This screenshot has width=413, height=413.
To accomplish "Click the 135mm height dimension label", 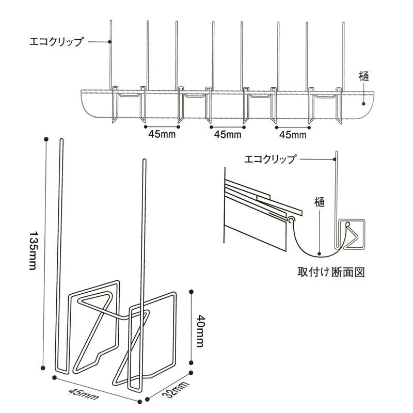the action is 32,251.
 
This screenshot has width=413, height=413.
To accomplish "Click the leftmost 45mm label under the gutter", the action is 162,134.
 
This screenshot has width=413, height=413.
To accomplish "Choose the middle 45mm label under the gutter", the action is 228,135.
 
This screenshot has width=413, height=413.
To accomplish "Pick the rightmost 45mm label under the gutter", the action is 293,135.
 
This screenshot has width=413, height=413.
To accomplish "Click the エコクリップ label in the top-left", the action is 56,42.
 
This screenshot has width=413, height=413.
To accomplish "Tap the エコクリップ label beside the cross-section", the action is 270,159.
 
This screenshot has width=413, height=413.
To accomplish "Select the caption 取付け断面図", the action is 331,272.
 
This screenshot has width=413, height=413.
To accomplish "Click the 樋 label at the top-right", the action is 364,76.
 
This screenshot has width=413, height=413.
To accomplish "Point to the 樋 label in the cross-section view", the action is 319,202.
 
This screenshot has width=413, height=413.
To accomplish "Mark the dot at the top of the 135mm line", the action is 46,139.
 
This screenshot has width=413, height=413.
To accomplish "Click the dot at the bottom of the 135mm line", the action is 43,368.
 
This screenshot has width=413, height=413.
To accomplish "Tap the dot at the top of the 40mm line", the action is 192,292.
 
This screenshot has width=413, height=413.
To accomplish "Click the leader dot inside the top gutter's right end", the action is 363,104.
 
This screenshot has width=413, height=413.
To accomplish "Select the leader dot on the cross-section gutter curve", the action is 319,254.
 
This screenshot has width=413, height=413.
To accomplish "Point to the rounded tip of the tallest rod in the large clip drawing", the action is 61,139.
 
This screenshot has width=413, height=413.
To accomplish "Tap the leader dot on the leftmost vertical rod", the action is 110,42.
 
